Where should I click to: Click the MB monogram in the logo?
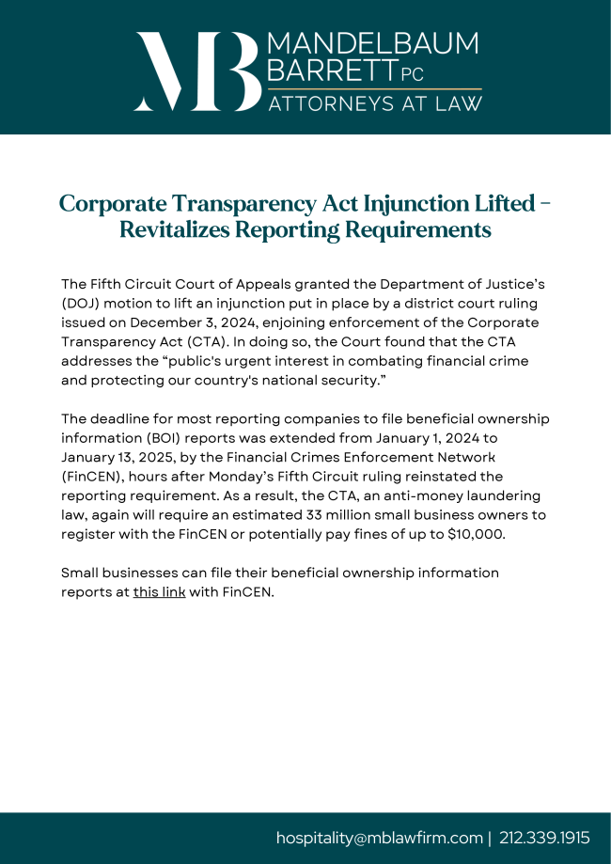(198, 71)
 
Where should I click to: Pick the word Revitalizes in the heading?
(180, 229)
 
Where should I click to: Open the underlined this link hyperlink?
(159, 592)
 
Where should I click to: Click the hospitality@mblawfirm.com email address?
(379, 838)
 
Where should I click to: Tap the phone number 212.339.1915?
(544, 838)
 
